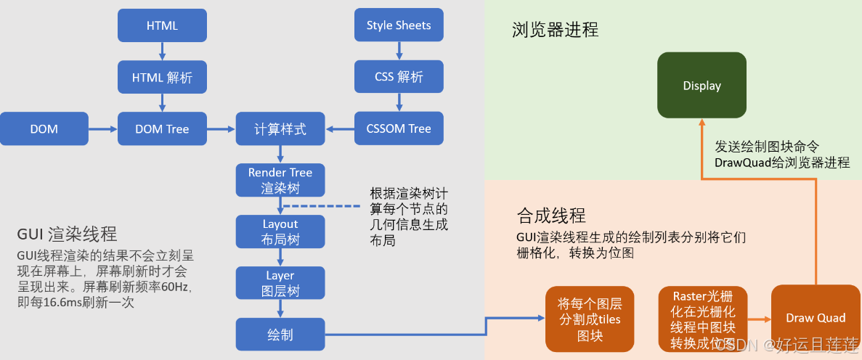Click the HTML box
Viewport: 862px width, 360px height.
coord(162,25)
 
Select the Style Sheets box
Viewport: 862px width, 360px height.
coord(399,25)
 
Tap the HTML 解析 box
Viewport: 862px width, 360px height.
coord(162,77)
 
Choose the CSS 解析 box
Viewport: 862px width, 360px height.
coord(399,77)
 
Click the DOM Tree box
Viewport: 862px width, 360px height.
coord(162,129)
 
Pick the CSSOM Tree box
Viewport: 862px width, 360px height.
coord(399,129)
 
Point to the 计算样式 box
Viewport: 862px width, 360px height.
coord(280,129)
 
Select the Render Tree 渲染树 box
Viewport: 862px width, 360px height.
coord(280,181)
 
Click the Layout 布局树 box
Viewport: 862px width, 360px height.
coord(280,232)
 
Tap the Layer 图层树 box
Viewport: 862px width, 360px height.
coord(280,284)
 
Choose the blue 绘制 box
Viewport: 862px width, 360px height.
coord(280,335)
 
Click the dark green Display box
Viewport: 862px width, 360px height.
coord(702,86)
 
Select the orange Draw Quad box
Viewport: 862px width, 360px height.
coord(815,319)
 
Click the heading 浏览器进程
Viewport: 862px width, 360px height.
coord(555,30)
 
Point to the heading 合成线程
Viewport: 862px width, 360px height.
coord(550,216)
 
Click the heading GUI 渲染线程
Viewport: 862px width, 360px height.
coord(67,234)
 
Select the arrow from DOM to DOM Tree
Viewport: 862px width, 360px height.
coord(102,129)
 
